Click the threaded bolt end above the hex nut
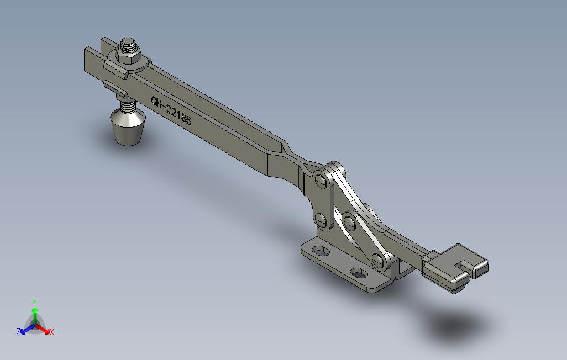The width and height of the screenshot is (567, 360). (x=128, y=45)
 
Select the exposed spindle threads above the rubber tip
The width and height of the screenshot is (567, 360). (x=127, y=106)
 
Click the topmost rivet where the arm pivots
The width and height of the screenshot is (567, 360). (x=321, y=180)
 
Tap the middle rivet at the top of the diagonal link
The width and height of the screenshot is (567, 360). (x=350, y=221)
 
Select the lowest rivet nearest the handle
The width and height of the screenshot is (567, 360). (x=379, y=260)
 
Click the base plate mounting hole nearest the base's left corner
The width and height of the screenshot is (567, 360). (x=319, y=251)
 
